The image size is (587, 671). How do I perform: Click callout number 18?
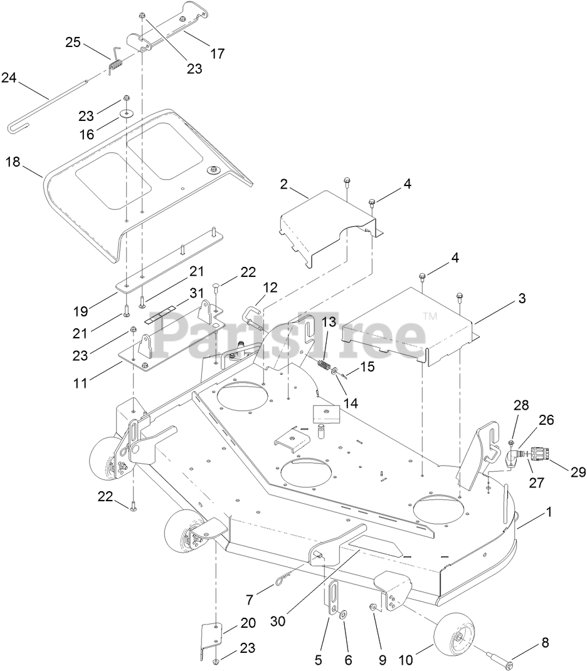click(13, 162)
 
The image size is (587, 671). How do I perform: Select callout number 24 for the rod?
click(9, 78)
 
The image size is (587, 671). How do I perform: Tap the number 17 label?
click(217, 54)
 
